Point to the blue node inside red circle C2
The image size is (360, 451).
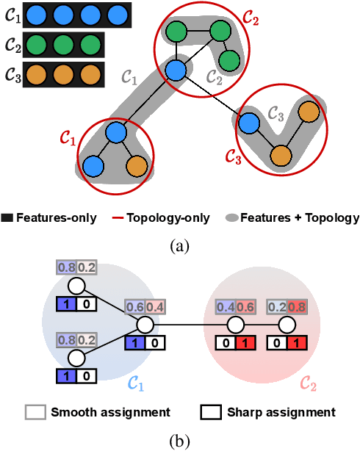point(176,70)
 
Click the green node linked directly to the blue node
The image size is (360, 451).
point(175,32)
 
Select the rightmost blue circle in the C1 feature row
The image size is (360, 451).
point(116,14)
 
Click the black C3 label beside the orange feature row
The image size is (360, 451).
point(12,75)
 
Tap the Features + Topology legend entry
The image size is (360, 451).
point(294,217)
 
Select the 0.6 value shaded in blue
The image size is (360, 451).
point(134,306)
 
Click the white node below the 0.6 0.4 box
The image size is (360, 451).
point(145,324)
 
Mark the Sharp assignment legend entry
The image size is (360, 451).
point(261,412)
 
